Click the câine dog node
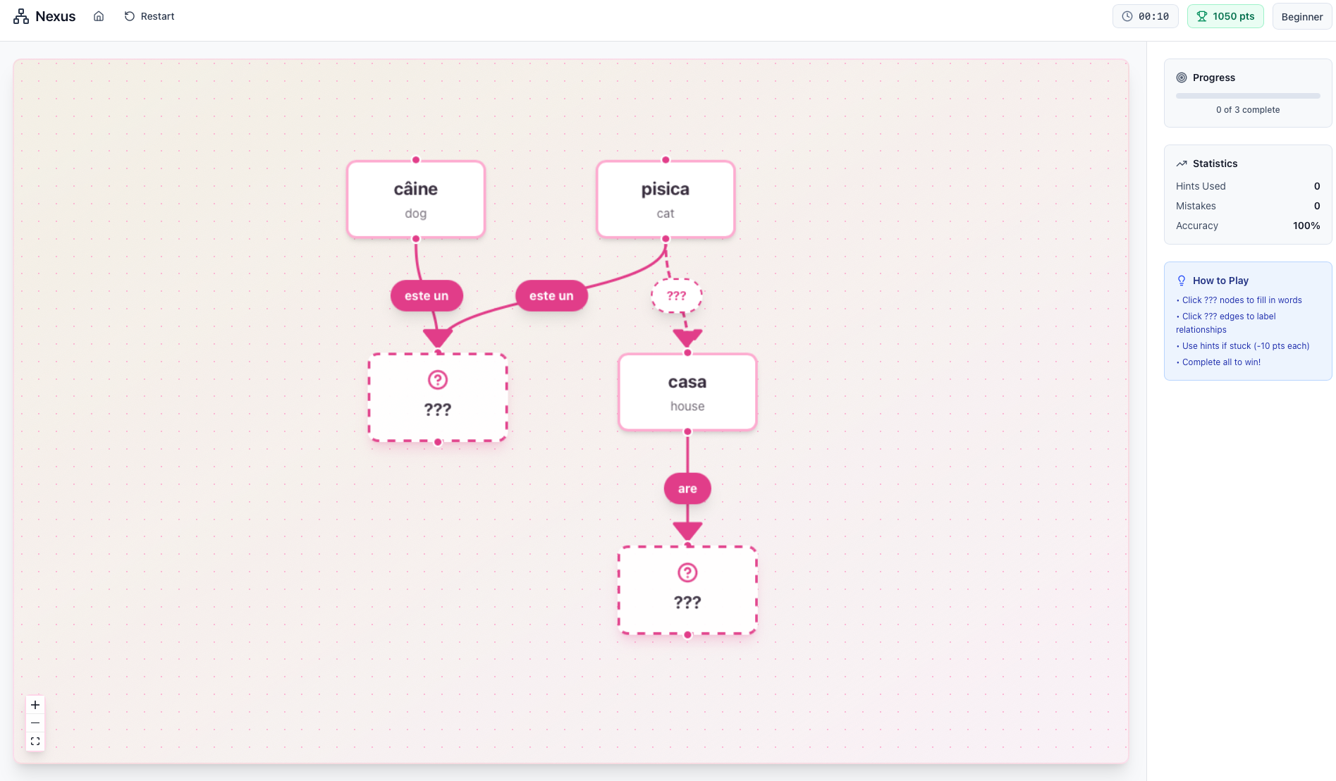point(416,199)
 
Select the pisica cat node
point(666,199)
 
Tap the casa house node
point(687,393)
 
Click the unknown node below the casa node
point(687,590)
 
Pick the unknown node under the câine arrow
point(438,398)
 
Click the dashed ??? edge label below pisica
point(676,296)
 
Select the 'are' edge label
point(687,488)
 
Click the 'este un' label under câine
point(427,296)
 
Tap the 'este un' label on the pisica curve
point(551,296)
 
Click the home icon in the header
point(99,16)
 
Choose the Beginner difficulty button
point(1301,16)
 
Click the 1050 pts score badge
point(1225,16)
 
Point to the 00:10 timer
point(1146,16)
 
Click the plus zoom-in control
point(35,705)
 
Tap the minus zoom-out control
point(35,723)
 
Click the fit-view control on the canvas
point(35,742)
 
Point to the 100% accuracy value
point(1306,226)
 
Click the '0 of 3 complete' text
point(1247,110)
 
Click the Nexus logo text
point(55,16)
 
